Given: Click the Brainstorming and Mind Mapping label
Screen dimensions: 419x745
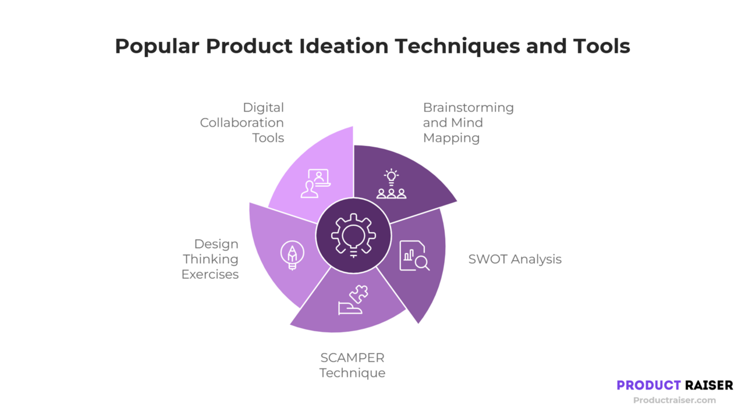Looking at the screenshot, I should pos(468,123).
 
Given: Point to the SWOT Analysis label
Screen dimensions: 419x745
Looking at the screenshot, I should pos(515,260).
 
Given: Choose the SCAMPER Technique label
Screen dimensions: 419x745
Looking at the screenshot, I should pos(352,365).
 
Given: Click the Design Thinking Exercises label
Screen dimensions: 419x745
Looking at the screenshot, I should pos(210,259).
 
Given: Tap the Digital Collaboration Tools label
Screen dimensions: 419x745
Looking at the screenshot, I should pos(242,123).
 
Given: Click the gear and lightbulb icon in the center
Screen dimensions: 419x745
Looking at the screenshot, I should pos(353,236).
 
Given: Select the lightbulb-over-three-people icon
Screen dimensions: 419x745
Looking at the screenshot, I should pos(391,184).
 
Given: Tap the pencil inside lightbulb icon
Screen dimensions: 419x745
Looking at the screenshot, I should pos(292,255).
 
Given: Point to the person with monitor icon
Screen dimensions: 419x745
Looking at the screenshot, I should pos(315,183).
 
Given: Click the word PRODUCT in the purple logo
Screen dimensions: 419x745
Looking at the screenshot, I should pos(648,385).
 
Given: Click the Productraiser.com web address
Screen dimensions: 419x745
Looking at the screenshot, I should pos(674,400).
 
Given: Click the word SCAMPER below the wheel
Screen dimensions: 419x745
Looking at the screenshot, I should pos(352,357).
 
